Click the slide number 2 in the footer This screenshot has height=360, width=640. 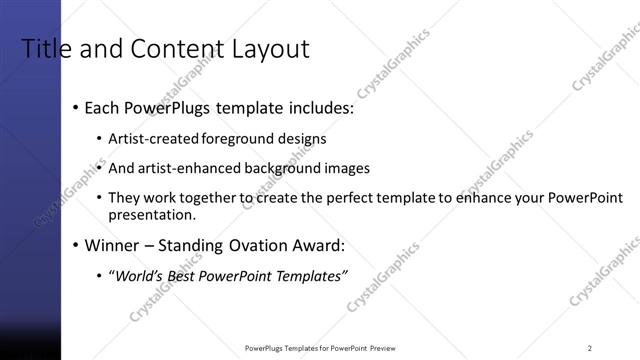[590, 348]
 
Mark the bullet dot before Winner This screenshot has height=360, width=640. [76, 245]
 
